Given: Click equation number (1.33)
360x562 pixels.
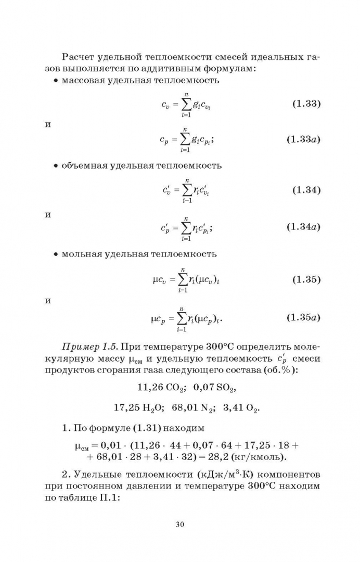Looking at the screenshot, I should (x=304, y=103).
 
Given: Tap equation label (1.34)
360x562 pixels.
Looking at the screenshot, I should (x=304, y=190).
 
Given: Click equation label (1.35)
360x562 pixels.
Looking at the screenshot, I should (x=304, y=280).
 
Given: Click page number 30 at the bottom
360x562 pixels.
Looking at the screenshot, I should (x=180, y=524).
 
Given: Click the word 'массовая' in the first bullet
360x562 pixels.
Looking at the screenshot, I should (x=82, y=81).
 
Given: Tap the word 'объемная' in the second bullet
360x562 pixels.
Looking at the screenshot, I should (x=83, y=166).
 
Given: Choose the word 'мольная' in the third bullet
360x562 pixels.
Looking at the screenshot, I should (x=80, y=254).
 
